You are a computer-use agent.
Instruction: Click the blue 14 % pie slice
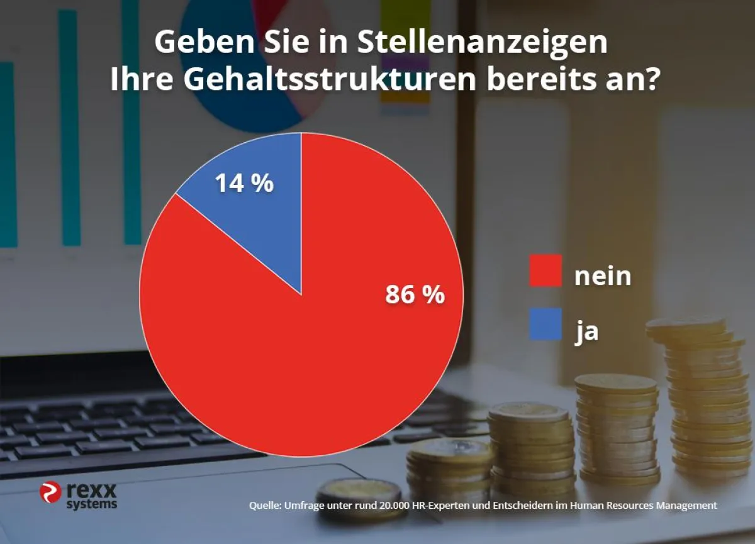(258, 208)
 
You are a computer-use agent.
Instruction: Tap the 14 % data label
(244, 183)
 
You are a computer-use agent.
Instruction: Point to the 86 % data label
(415, 294)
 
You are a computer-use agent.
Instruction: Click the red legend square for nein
(545, 271)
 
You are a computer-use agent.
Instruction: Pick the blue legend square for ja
(545, 325)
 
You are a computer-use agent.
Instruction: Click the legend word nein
(602, 275)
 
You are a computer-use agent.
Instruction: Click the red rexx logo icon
(50, 492)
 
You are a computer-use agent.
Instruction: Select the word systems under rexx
(92, 504)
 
